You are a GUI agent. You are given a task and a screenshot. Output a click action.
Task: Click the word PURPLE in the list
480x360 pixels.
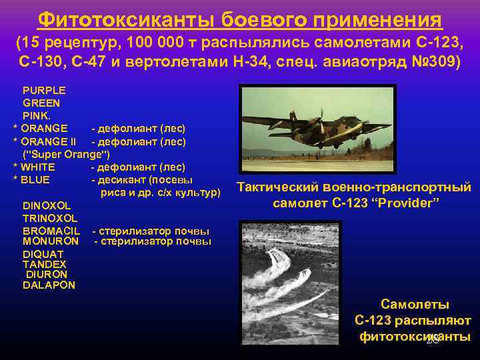point(44,90)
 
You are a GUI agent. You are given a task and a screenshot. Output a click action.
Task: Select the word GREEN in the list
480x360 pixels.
point(41,103)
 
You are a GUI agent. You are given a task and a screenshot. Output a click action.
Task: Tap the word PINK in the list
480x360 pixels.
point(36,115)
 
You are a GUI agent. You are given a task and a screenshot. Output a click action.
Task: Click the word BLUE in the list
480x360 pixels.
point(35,179)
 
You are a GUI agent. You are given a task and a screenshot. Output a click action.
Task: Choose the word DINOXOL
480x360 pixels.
point(46,205)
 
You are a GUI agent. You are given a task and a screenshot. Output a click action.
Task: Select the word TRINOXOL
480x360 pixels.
point(50,218)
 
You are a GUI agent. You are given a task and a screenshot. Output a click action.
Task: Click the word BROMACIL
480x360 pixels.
point(51,231)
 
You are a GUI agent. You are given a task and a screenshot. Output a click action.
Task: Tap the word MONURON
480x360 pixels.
point(50,241)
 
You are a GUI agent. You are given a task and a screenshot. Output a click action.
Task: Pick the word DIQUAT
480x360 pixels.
point(43,254)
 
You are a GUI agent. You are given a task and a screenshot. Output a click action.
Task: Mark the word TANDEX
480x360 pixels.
point(43,264)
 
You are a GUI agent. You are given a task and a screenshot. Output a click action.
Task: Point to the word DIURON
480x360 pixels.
point(47,274)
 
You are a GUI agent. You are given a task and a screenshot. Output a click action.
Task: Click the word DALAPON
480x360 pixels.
point(49,285)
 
